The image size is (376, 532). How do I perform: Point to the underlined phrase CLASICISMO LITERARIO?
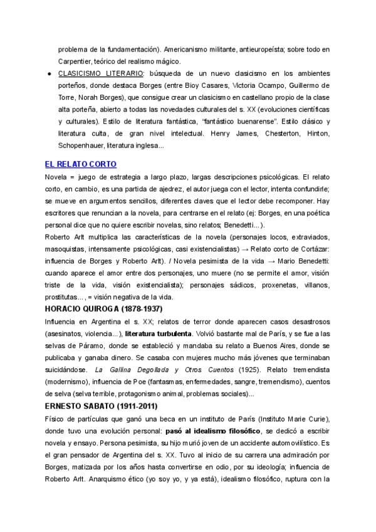pyautogui.click(x=93, y=73)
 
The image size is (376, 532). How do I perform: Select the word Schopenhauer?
pyautogui.click(x=81, y=146)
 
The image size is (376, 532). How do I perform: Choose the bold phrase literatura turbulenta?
pyautogui.click(x=159, y=334)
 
